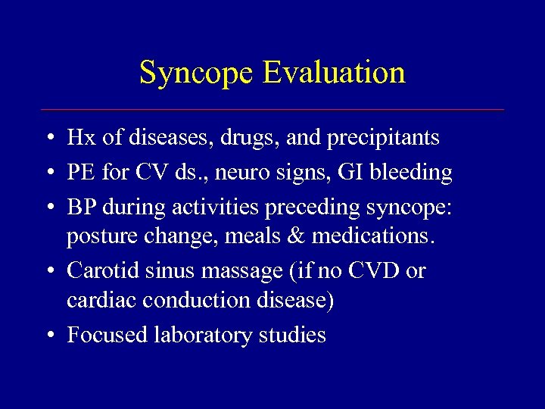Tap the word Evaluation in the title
[334, 73]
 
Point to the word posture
[99, 238]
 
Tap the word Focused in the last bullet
[104, 335]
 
